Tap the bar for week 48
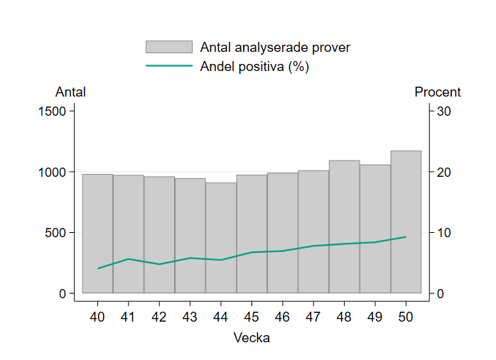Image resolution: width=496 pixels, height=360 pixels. (344, 227)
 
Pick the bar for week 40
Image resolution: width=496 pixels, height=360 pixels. (97, 234)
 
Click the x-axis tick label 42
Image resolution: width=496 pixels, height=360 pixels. (159, 317)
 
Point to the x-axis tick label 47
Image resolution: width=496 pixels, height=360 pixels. (313, 317)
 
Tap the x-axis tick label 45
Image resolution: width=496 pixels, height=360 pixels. (252, 317)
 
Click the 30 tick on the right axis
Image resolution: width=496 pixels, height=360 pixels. (444, 111)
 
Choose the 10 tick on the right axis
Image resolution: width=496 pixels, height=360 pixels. (444, 233)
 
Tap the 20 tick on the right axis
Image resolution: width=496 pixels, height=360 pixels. (444, 173)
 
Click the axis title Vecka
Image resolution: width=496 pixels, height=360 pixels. (252, 338)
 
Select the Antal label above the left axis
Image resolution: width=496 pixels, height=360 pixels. (70, 92)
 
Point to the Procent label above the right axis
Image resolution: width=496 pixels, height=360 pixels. (438, 92)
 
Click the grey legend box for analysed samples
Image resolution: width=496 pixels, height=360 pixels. (169, 47)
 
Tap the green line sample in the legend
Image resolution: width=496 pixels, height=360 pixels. (169, 66)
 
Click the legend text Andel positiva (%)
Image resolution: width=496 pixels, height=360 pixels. (255, 67)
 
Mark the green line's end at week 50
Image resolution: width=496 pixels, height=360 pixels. (406, 236)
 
